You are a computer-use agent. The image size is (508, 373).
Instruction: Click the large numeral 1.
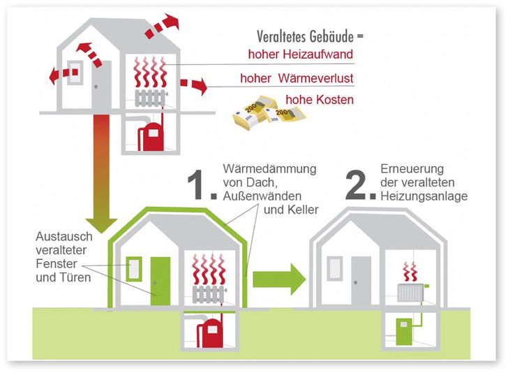[x=200, y=185]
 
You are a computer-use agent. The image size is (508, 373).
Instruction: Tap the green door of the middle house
[x=160, y=279]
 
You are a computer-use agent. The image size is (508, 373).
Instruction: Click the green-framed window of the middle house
[x=134, y=269]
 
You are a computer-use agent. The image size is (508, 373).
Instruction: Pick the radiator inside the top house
[x=151, y=98]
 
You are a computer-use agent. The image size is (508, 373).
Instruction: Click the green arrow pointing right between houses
[x=278, y=279]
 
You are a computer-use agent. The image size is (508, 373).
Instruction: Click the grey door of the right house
[x=361, y=279]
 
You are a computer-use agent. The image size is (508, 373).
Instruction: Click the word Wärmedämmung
[x=270, y=169]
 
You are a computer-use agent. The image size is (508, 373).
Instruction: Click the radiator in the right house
[x=410, y=293]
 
